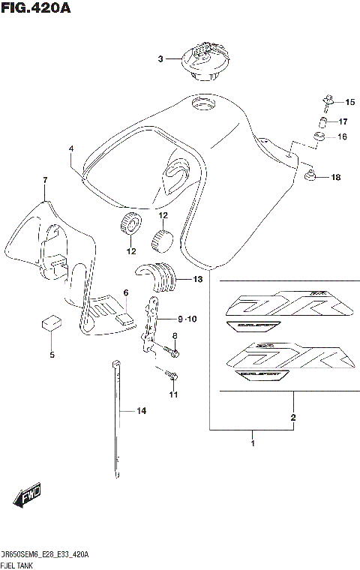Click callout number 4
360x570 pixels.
coord(70,148)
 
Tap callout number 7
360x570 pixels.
coord(45,181)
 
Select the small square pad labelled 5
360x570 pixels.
coord(51,323)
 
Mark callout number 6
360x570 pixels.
coord(126,293)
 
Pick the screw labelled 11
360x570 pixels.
coord(172,374)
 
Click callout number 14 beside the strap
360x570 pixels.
coord(141,411)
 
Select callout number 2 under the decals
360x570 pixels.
coord(293,417)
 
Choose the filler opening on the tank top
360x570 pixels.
coord(202,104)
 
